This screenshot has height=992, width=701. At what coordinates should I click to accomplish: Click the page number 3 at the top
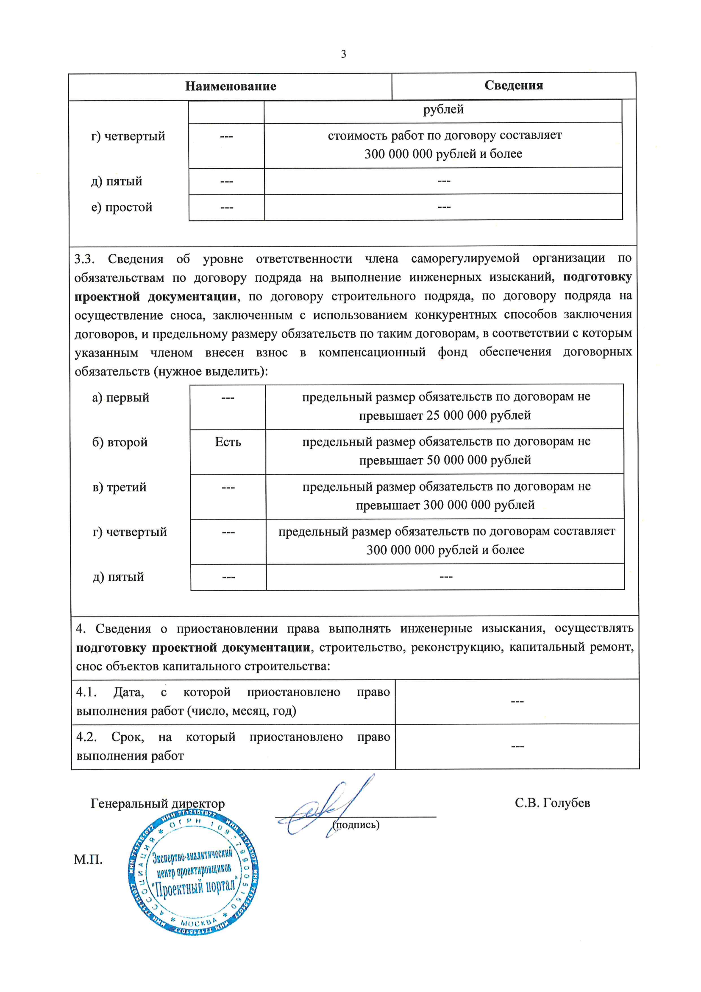coord(344,54)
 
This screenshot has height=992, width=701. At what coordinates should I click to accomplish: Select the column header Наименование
coord(231,87)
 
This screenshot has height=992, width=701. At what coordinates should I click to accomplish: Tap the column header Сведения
coord(514,86)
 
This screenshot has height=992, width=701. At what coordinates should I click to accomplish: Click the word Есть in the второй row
coord(228,442)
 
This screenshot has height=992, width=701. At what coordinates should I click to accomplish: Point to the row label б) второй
coord(120,443)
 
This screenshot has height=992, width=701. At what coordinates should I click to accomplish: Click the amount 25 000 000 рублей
coord(478,416)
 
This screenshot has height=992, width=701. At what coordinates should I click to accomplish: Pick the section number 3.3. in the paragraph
coord(84,259)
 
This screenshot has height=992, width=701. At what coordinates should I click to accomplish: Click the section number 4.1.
coord(86,692)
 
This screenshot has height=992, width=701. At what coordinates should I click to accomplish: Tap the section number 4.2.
coord(86,737)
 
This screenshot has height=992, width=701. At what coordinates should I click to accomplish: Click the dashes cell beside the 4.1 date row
coord(517,701)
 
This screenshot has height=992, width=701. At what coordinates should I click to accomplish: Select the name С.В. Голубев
coord(552,803)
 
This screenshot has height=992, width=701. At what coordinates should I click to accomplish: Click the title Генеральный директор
coord(158,804)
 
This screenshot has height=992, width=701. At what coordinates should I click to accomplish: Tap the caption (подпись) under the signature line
coord(356,825)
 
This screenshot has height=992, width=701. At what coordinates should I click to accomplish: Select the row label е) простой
coord(122,207)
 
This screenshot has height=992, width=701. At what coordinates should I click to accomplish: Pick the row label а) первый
coord(120,398)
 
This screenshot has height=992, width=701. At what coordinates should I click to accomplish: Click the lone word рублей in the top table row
coord(443,110)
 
